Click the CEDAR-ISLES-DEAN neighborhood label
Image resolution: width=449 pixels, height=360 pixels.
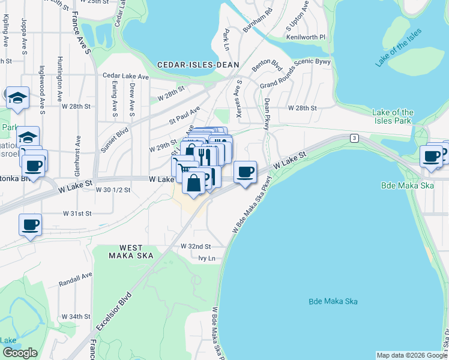click(x=198, y=65)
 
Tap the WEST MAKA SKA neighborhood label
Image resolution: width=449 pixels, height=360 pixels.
click(x=131, y=251)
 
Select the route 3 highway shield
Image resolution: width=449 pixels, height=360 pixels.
click(x=355, y=139)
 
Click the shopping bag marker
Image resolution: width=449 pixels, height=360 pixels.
click(x=193, y=185)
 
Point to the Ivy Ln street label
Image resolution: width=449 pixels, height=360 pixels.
click(x=206, y=258)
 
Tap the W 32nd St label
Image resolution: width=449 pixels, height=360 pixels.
click(x=196, y=247)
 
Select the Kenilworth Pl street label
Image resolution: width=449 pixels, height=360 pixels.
click(x=309, y=37)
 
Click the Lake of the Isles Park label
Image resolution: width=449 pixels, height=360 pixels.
click(x=393, y=116)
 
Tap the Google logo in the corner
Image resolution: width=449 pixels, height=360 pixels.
click(x=20, y=353)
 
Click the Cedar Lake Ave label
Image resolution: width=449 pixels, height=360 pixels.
click(x=125, y=76)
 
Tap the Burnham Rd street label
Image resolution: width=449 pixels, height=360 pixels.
click(x=258, y=20)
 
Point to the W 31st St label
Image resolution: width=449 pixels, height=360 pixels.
click(x=77, y=213)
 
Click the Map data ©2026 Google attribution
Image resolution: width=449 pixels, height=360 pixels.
click(x=412, y=355)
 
